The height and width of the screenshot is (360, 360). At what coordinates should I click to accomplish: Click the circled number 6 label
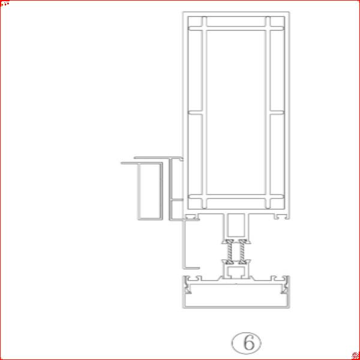[x=247, y=343]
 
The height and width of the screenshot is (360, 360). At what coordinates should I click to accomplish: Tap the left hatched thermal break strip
[x=230, y=253]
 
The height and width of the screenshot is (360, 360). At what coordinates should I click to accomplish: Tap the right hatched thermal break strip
[x=242, y=253]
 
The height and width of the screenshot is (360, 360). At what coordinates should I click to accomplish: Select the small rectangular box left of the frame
[x=151, y=191]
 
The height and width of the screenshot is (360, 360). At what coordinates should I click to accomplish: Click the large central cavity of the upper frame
[x=236, y=112]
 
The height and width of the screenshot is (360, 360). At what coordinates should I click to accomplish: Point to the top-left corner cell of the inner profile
[x=195, y=22]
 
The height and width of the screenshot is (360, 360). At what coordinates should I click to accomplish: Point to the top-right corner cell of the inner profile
[x=277, y=22]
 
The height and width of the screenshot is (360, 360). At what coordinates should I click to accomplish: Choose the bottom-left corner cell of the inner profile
[x=195, y=203]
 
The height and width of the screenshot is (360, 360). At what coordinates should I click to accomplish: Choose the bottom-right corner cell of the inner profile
[x=277, y=203]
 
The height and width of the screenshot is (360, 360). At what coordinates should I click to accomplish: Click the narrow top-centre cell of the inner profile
[x=236, y=22]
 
